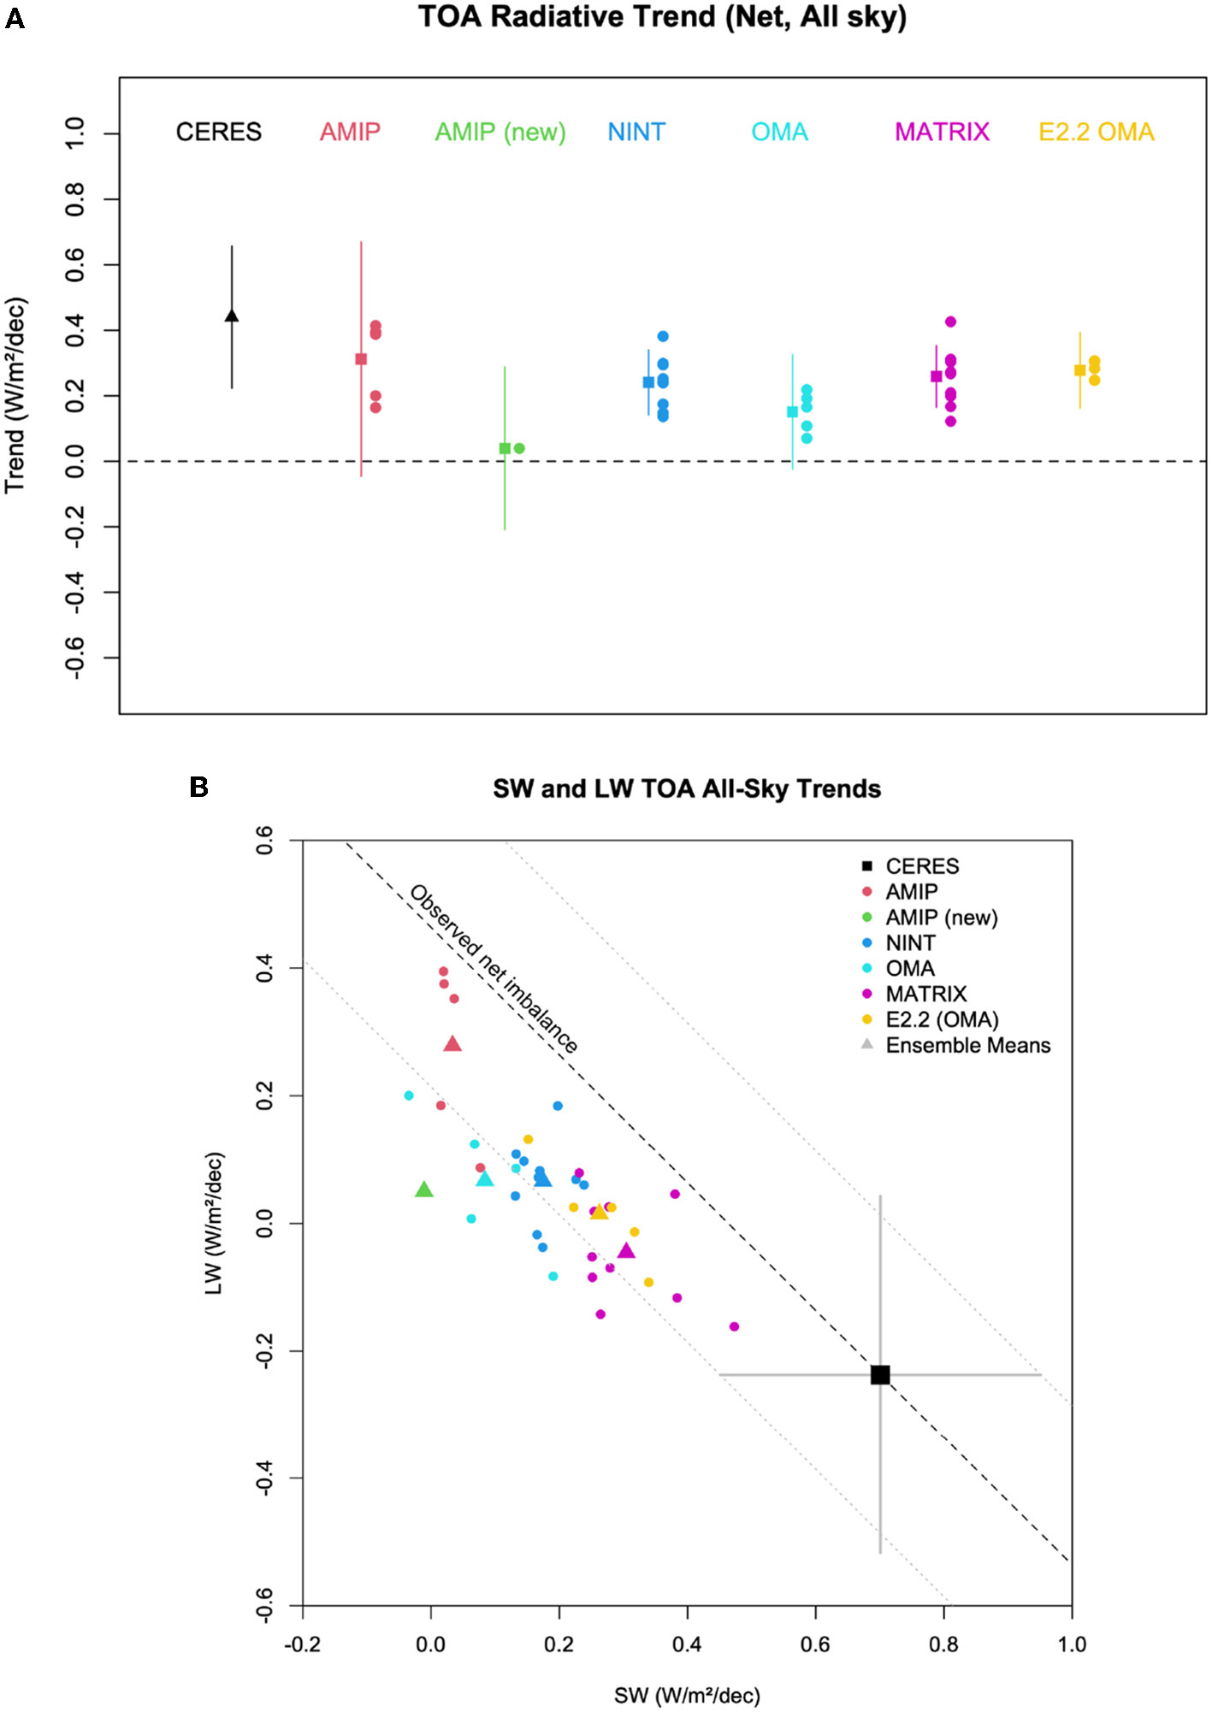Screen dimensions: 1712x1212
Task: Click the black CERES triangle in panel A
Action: (x=231, y=316)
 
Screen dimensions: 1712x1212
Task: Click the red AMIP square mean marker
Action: (x=361, y=359)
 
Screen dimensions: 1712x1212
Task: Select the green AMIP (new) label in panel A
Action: (x=500, y=132)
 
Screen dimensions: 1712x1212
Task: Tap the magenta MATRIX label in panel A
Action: (x=942, y=132)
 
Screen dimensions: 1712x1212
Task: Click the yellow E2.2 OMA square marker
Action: (x=1079, y=370)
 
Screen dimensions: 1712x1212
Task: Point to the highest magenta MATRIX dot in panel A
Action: (x=950, y=322)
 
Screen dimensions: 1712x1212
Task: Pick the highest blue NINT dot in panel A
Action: (x=663, y=336)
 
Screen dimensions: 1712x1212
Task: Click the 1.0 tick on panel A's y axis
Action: (x=75, y=133)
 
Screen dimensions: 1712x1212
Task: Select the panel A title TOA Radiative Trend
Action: (x=662, y=17)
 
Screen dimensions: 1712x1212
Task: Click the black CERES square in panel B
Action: (x=880, y=1375)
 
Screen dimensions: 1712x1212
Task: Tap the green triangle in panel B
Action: (x=423, y=1190)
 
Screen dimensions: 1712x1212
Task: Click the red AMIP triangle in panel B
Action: (x=452, y=1043)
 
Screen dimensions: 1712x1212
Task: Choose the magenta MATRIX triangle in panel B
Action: (x=626, y=1251)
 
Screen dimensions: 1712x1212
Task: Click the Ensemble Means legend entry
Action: (x=967, y=1045)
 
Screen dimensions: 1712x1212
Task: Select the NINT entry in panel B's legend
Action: (x=910, y=942)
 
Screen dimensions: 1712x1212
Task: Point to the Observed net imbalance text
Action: (x=494, y=968)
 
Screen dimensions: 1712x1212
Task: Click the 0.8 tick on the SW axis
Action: (x=943, y=1644)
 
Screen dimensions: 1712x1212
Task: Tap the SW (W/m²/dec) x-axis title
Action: (x=687, y=1695)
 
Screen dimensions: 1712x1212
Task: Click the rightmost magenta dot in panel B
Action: (x=734, y=1326)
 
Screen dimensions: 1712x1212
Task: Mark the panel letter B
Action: (x=198, y=787)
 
